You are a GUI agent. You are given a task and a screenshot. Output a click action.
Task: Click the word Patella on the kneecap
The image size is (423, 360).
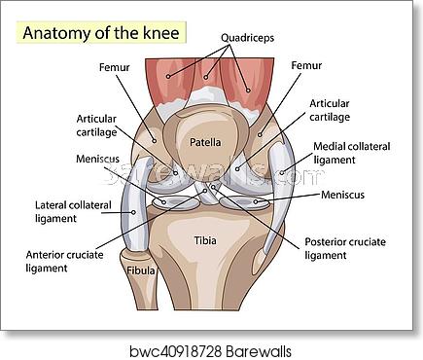[x=205, y=142]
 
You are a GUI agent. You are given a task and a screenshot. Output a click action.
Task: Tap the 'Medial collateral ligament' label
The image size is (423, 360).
[x=350, y=154]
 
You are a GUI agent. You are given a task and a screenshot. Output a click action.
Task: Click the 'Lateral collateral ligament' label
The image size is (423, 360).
[x=74, y=211]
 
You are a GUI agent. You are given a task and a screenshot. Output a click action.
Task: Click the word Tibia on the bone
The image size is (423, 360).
[x=205, y=239]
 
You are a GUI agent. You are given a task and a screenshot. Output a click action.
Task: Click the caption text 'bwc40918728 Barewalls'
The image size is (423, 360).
[x=210, y=347]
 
